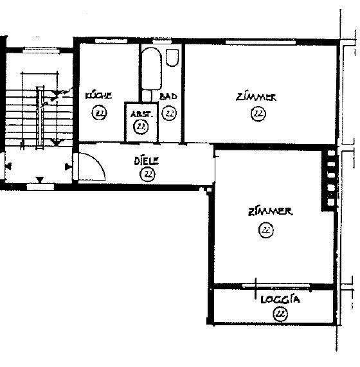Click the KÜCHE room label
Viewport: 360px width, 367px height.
pyautogui.click(x=99, y=96)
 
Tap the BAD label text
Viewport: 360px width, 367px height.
pyautogui.click(x=168, y=96)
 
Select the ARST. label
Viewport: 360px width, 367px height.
pyautogui.click(x=141, y=114)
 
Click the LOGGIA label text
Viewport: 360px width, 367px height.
pyautogui.click(x=281, y=300)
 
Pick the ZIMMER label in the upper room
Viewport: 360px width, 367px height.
pyautogui.click(x=256, y=98)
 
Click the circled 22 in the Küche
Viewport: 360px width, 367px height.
pyautogui.click(x=99, y=113)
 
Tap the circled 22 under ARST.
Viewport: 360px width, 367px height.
pyautogui.click(x=141, y=127)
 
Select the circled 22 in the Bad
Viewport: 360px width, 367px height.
pyautogui.click(x=170, y=113)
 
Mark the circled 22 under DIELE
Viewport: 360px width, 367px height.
pyautogui.click(x=148, y=174)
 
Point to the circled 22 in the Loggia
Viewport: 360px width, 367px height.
pyautogui.click(x=280, y=314)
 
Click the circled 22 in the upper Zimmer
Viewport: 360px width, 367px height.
pyautogui.click(x=258, y=114)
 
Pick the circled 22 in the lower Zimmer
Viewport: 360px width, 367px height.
pyautogui.click(x=265, y=229)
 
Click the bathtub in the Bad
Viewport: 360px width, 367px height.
pyautogui.click(x=152, y=71)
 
